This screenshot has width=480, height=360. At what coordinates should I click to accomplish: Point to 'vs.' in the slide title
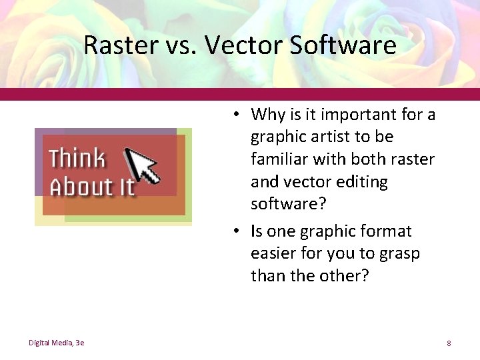(x=182, y=45)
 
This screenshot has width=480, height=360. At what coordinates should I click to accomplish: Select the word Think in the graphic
(x=77, y=159)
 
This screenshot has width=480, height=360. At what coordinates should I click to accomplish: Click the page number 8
(x=449, y=343)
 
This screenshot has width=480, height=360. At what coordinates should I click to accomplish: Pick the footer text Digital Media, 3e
(x=56, y=343)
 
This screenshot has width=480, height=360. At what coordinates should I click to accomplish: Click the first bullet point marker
(x=237, y=115)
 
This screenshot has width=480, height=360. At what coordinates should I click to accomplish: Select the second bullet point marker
(x=237, y=231)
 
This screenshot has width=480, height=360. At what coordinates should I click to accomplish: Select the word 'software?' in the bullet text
(x=289, y=203)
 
